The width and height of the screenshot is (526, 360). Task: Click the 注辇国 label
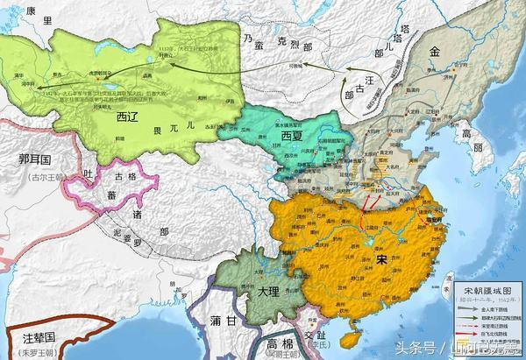[32, 337]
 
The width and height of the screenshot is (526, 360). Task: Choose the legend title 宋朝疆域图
[487, 291]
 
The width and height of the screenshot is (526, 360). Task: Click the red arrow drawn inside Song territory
[365, 208]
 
